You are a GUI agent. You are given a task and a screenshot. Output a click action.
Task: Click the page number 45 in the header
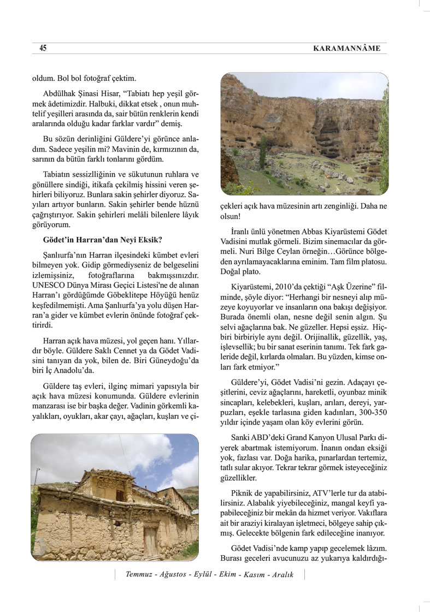click(x=43, y=49)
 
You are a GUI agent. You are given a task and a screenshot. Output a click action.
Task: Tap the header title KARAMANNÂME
click(x=346, y=49)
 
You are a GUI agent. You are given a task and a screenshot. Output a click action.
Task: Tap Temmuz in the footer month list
click(x=139, y=574)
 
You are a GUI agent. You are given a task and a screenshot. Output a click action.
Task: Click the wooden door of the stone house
click(x=150, y=540)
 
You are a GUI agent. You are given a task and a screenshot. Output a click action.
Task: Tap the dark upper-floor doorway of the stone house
click(x=120, y=495)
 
